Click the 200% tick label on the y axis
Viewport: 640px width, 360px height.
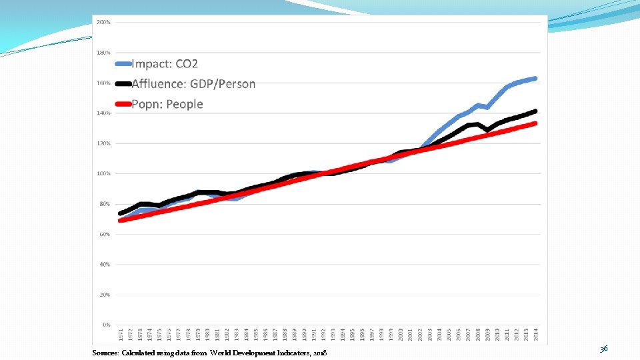tap(103, 22)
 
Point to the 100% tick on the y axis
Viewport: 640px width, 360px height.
tap(103, 173)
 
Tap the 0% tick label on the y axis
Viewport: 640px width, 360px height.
tap(105, 325)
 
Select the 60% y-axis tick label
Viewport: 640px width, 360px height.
tap(105, 234)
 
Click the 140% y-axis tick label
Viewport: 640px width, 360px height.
tap(103, 113)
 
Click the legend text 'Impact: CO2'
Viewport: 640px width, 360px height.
tap(165, 64)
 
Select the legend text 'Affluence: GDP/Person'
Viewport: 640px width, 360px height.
tap(193, 84)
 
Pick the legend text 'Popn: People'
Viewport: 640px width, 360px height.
tap(167, 104)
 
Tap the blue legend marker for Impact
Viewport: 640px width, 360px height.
tap(123, 65)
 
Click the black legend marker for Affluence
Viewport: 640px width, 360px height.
tap(123, 85)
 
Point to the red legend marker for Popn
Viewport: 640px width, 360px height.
tap(123, 105)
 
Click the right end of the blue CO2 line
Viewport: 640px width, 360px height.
tap(535, 79)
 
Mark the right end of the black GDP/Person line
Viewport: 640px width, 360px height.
tap(535, 111)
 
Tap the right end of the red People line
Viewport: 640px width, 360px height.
tap(535, 123)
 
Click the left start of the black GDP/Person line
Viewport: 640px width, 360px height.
tap(121, 213)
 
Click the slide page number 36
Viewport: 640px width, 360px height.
tap(603, 349)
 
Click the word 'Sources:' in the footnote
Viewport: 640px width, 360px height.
tap(105, 352)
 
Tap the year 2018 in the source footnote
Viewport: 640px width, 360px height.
tap(319, 352)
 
